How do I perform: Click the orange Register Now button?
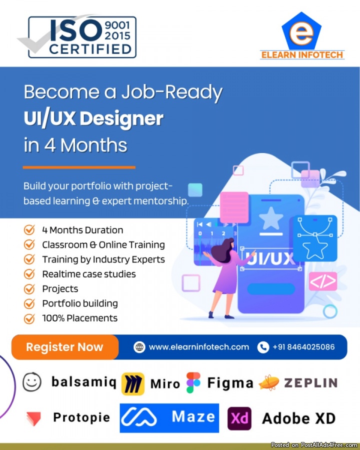(x=65, y=347)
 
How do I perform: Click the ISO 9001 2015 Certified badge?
(x=82, y=36)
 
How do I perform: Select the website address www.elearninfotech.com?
(x=199, y=347)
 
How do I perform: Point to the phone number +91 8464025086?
(x=303, y=347)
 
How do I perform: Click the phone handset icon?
(x=263, y=347)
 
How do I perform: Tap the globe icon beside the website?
(x=139, y=347)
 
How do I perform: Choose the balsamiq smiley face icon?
(x=32, y=382)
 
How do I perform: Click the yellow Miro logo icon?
(x=132, y=383)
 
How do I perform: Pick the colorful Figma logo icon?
(x=193, y=383)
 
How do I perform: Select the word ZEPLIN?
(x=310, y=383)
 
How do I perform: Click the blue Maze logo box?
(x=169, y=417)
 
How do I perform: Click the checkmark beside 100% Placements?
(x=29, y=318)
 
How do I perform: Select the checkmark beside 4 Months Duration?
(x=29, y=230)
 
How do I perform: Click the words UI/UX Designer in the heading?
(x=93, y=118)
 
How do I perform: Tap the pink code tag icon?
(x=322, y=281)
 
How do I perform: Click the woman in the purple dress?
(x=225, y=275)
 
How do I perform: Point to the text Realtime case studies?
(x=89, y=274)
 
